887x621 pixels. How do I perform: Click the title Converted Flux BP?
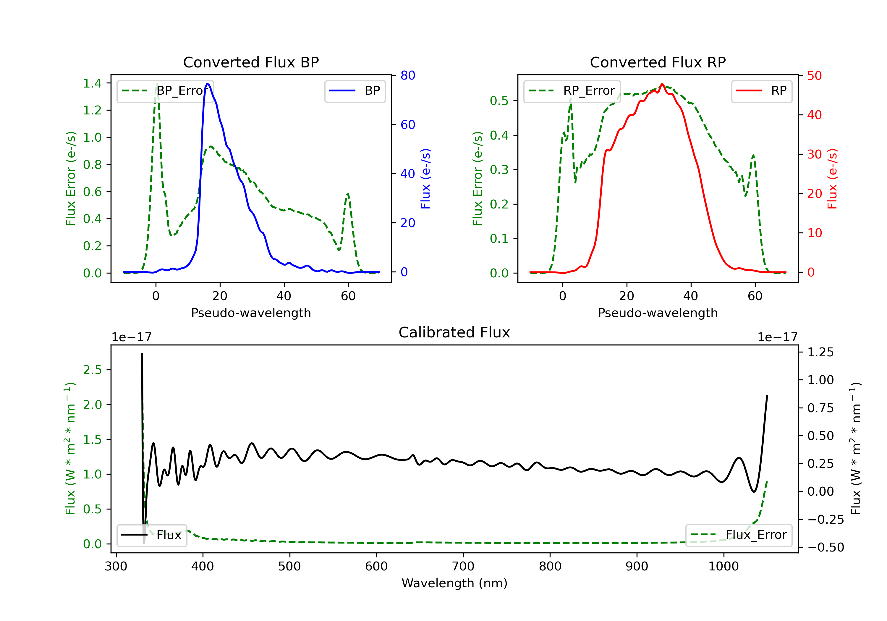[x=251, y=62]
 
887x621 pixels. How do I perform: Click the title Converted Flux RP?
[x=658, y=62]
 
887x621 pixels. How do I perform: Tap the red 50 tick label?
[x=814, y=76]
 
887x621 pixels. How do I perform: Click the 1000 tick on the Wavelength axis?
[x=723, y=567]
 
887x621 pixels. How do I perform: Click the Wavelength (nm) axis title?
[x=454, y=583]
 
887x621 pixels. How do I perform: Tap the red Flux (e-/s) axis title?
[x=832, y=179]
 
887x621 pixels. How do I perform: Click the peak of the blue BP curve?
[x=208, y=84]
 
